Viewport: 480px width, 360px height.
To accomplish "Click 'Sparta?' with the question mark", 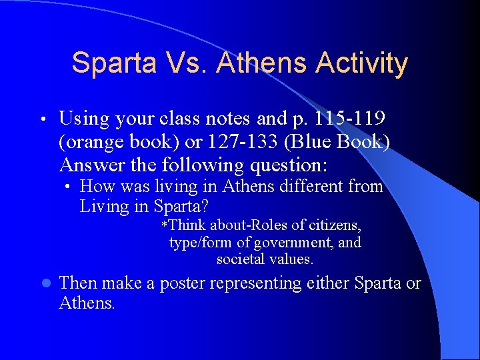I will [177, 206].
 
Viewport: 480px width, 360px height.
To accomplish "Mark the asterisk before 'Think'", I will [165, 225].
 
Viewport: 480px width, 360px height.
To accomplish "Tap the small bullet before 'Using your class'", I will [44, 119].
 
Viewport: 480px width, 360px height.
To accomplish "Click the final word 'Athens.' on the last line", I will [87, 304].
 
